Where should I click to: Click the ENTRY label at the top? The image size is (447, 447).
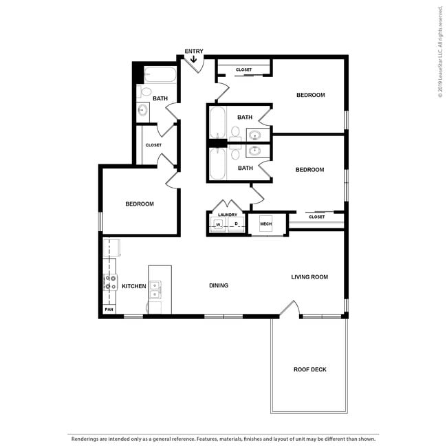[x=193, y=51]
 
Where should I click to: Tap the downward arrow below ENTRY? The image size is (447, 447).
[x=193, y=60]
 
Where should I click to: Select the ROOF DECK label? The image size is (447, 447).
[x=309, y=369]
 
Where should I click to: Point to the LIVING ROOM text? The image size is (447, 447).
[x=309, y=277]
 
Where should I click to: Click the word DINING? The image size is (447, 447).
[x=219, y=285]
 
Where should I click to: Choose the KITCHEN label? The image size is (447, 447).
[x=133, y=286]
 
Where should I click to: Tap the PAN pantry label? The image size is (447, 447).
[x=109, y=310]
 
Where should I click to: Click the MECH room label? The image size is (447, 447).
[x=265, y=224]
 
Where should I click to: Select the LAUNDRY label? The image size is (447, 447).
[x=227, y=215]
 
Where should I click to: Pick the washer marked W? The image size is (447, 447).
[x=217, y=225]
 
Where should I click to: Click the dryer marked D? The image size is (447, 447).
[x=236, y=225]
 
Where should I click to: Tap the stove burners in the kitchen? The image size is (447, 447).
[x=109, y=282]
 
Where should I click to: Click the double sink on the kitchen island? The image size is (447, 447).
[x=155, y=289]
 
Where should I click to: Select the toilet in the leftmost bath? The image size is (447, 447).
[x=146, y=91]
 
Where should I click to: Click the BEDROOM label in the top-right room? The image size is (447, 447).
[x=310, y=95]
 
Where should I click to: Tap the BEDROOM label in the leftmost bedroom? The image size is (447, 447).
[x=139, y=204]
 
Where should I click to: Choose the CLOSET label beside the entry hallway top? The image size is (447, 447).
[x=243, y=69]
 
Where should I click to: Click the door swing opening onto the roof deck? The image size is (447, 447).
[x=290, y=309]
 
